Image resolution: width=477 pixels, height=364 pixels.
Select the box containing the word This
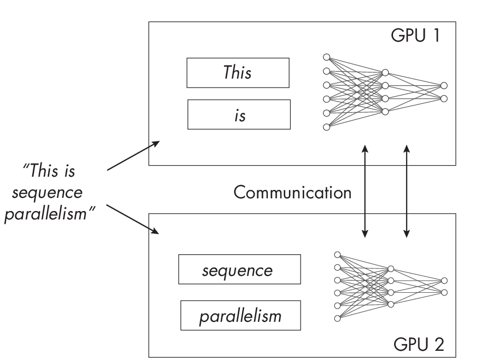pos(238,73)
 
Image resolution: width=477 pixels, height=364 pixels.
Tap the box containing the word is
pos(239,114)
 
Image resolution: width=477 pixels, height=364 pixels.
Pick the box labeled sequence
pos(239,270)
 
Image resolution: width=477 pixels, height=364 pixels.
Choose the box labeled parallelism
pos(241,315)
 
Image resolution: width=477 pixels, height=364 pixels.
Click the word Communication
pos(292,193)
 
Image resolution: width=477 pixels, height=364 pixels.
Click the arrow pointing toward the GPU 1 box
pos(133,156)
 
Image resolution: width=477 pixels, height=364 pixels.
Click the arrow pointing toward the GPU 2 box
pos(133,219)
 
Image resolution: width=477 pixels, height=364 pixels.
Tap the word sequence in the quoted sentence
pos(48,193)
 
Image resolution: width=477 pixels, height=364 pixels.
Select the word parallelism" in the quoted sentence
pos(49,216)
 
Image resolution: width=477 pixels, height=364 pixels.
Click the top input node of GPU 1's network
pos(326,57)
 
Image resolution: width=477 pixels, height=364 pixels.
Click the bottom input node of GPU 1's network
pos(326,127)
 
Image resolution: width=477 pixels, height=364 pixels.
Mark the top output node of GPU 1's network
pos(444,85)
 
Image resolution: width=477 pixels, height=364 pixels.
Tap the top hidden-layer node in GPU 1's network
pos(385,72)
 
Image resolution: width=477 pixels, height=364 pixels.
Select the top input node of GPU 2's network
pos(337,254)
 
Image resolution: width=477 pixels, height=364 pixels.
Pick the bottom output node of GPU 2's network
pos(444,292)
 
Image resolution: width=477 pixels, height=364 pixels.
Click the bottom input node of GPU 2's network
pos(337,318)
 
